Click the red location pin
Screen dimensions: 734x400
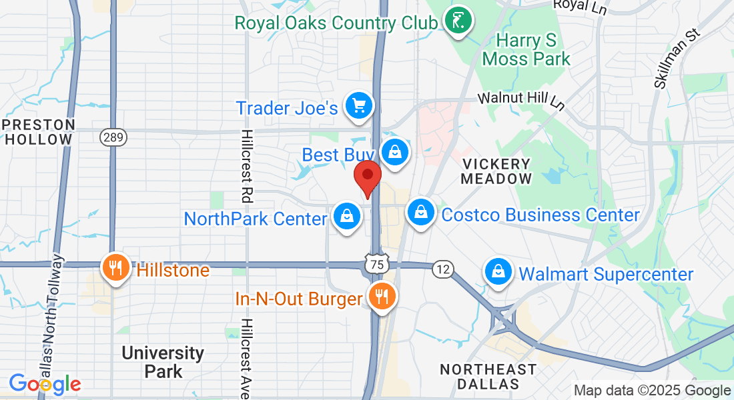[x=367, y=176]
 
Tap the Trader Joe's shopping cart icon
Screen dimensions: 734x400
[x=359, y=105]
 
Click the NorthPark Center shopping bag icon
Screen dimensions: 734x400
[x=346, y=216]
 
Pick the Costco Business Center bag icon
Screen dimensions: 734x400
[x=421, y=213]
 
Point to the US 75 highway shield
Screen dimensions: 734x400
[x=378, y=265]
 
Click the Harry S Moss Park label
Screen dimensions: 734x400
[x=526, y=50]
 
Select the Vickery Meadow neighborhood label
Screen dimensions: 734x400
[x=496, y=171]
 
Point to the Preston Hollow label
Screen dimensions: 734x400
[x=38, y=132]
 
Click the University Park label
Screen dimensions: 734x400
[x=163, y=362]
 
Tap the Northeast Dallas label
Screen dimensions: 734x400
[x=488, y=377]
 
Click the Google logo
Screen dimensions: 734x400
[x=45, y=384]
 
